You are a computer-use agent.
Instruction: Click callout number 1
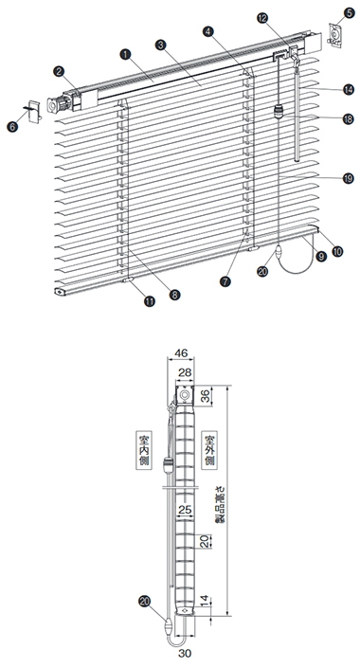(x=126, y=54)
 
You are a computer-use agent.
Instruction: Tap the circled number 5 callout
(x=349, y=12)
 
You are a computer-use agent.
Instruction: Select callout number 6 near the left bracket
(x=12, y=127)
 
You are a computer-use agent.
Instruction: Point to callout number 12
(x=262, y=18)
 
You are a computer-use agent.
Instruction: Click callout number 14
(x=349, y=89)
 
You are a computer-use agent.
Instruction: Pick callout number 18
(x=349, y=118)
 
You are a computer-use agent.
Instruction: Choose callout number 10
(x=337, y=251)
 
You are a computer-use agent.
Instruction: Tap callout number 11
(x=150, y=301)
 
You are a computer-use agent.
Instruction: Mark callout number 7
(x=225, y=281)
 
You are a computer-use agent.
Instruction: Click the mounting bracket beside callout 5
(x=334, y=35)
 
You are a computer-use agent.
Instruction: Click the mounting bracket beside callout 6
(x=34, y=111)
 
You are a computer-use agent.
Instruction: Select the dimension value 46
(x=182, y=352)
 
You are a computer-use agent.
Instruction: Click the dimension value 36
(x=206, y=396)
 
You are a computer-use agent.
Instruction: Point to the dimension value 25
(x=186, y=510)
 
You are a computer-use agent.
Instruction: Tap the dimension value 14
(x=206, y=602)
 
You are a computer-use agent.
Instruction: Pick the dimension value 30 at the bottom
(x=185, y=653)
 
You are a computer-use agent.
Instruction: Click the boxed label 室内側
(x=144, y=450)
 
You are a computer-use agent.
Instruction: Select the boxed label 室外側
(x=209, y=450)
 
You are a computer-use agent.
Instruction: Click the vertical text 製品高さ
(x=222, y=505)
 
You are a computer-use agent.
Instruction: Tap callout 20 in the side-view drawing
(x=145, y=601)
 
